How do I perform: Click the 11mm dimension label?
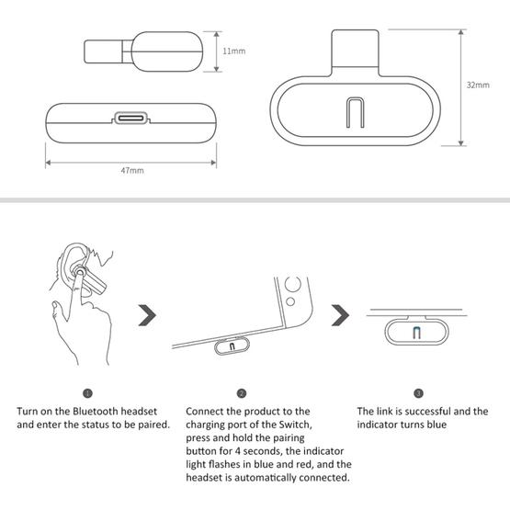(233, 51)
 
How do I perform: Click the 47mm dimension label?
(131, 171)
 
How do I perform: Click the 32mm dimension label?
(478, 85)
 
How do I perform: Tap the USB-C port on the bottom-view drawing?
(131, 119)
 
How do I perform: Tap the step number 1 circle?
(88, 392)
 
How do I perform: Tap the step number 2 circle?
(241, 392)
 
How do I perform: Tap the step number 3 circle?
(418, 392)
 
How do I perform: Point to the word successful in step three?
(429, 412)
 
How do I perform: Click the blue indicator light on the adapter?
(418, 333)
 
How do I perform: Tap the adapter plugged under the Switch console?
(231, 346)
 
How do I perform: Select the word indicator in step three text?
(380, 425)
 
